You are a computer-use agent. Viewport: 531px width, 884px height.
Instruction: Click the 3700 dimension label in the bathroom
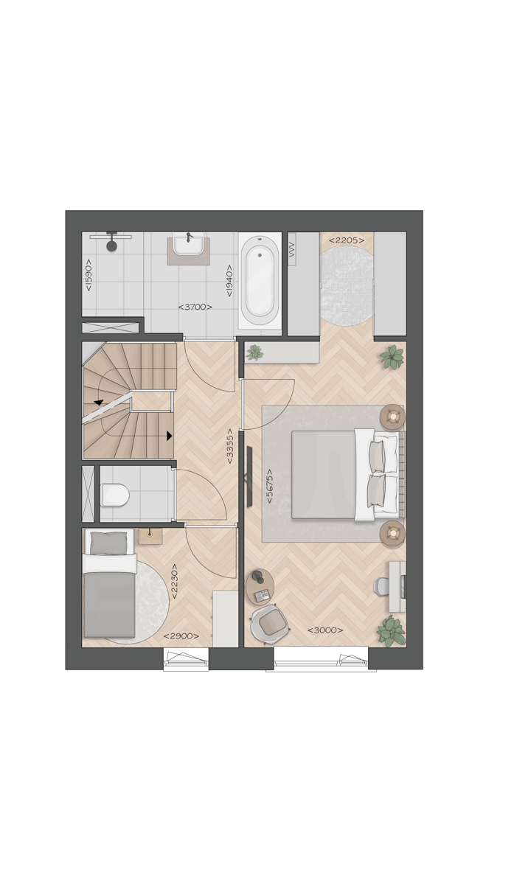click(x=195, y=307)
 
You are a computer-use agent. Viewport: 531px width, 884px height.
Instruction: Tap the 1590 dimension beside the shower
click(x=88, y=274)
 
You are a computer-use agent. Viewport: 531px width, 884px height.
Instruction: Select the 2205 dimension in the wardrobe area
click(x=347, y=240)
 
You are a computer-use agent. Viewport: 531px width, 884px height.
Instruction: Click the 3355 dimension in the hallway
click(x=231, y=445)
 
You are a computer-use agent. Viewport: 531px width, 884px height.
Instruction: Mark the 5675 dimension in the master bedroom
click(x=270, y=487)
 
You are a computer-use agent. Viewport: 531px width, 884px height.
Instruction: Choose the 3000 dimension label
click(x=325, y=630)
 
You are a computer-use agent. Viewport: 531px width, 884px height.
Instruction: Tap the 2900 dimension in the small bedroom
click(x=181, y=636)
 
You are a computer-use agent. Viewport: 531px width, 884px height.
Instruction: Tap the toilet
click(x=115, y=495)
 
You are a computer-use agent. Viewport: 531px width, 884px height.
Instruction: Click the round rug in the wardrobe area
click(x=347, y=285)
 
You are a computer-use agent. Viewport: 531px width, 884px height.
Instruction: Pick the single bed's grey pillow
click(x=108, y=544)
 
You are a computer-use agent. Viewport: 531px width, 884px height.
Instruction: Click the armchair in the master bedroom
click(x=270, y=624)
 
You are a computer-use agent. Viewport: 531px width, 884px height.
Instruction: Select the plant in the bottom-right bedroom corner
click(x=391, y=630)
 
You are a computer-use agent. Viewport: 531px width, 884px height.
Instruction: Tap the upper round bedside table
click(x=392, y=417)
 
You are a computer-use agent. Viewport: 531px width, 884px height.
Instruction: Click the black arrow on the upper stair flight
click(x=98, y=402)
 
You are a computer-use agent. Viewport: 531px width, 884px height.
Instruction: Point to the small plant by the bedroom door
click(x=254, y=353)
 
